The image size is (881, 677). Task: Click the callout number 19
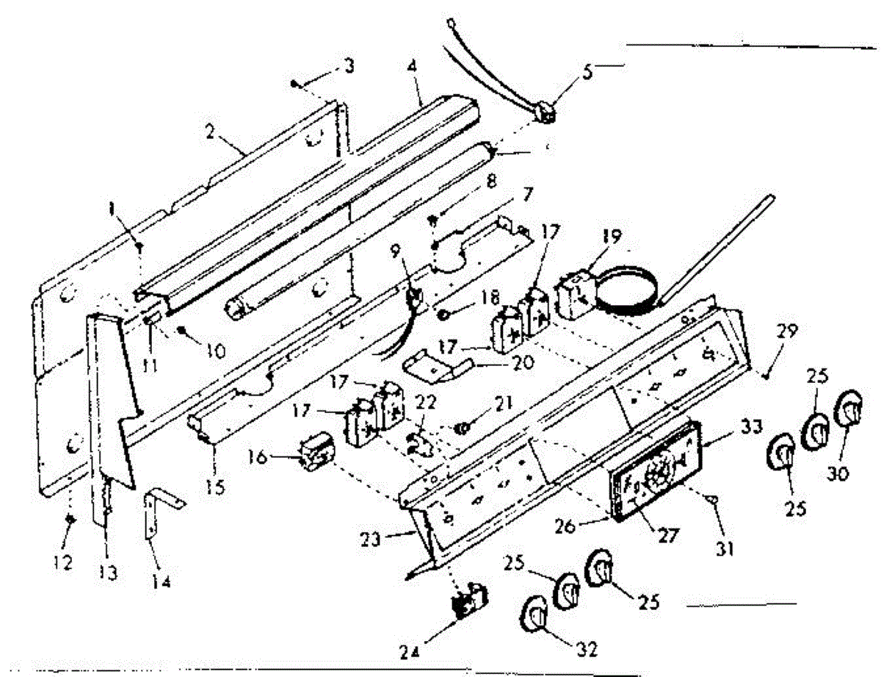612,237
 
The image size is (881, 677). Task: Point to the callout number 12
62,563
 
